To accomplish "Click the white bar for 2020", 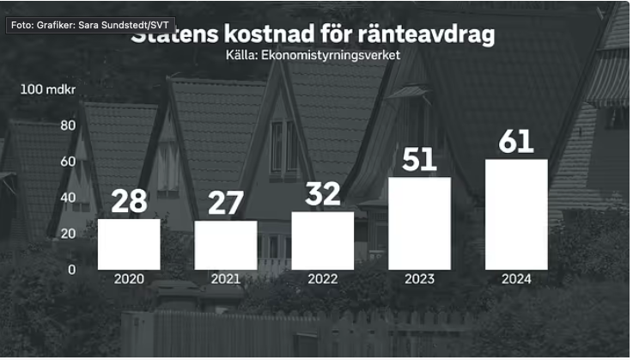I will tap(129, 244).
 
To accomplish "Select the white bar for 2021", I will tap(226, 245).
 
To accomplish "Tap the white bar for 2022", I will tap(323, 241).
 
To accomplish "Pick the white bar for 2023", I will tap(420, 223).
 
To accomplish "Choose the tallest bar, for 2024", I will tap(516, 214).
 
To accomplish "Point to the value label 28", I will tap(129, 201).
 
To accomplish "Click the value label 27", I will tap(226, 204).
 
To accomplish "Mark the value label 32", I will tap(323, 194).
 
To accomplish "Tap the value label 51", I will tap(420, 159).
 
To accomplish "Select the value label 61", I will tap(516, 141).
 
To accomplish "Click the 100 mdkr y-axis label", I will tap(49, 89).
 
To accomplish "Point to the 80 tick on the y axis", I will tap(69, 125).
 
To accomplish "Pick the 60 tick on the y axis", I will tap(69, 162).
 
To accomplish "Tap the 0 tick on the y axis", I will tap(72, 269).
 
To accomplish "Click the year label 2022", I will tap(323, 279).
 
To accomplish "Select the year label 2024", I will tap(516, 279).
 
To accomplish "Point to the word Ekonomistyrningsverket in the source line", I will tap(331, 55).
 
